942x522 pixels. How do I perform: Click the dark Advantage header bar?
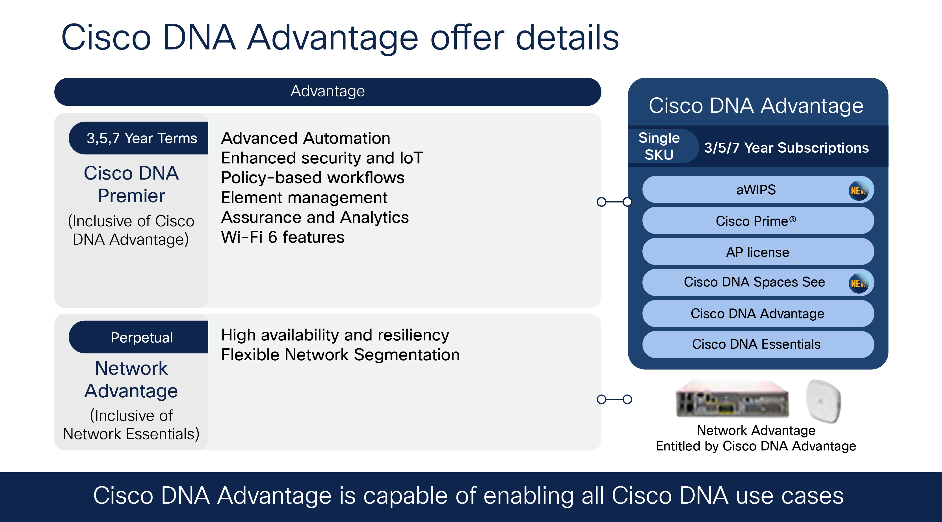click(x=327, y=91)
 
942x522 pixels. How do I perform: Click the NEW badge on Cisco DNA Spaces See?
click(x=858, y=283)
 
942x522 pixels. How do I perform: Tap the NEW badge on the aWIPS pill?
click(x=858, y=190)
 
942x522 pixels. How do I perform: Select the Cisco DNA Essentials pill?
click(x=756, y=344)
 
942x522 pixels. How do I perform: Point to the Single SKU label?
click(x=659, y=146)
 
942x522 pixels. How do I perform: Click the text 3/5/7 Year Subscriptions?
click(x=786, y=148)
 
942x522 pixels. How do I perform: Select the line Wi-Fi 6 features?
click(x=283, y=237)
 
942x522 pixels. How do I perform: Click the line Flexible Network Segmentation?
click(x=340, y=355)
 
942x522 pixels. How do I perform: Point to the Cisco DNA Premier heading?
click(x=131, y=184)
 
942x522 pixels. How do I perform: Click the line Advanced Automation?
click(x=306, y=138)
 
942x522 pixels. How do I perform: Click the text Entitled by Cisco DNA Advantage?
click(x=755, y=446)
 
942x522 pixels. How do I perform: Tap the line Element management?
click(x=304, y=198)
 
